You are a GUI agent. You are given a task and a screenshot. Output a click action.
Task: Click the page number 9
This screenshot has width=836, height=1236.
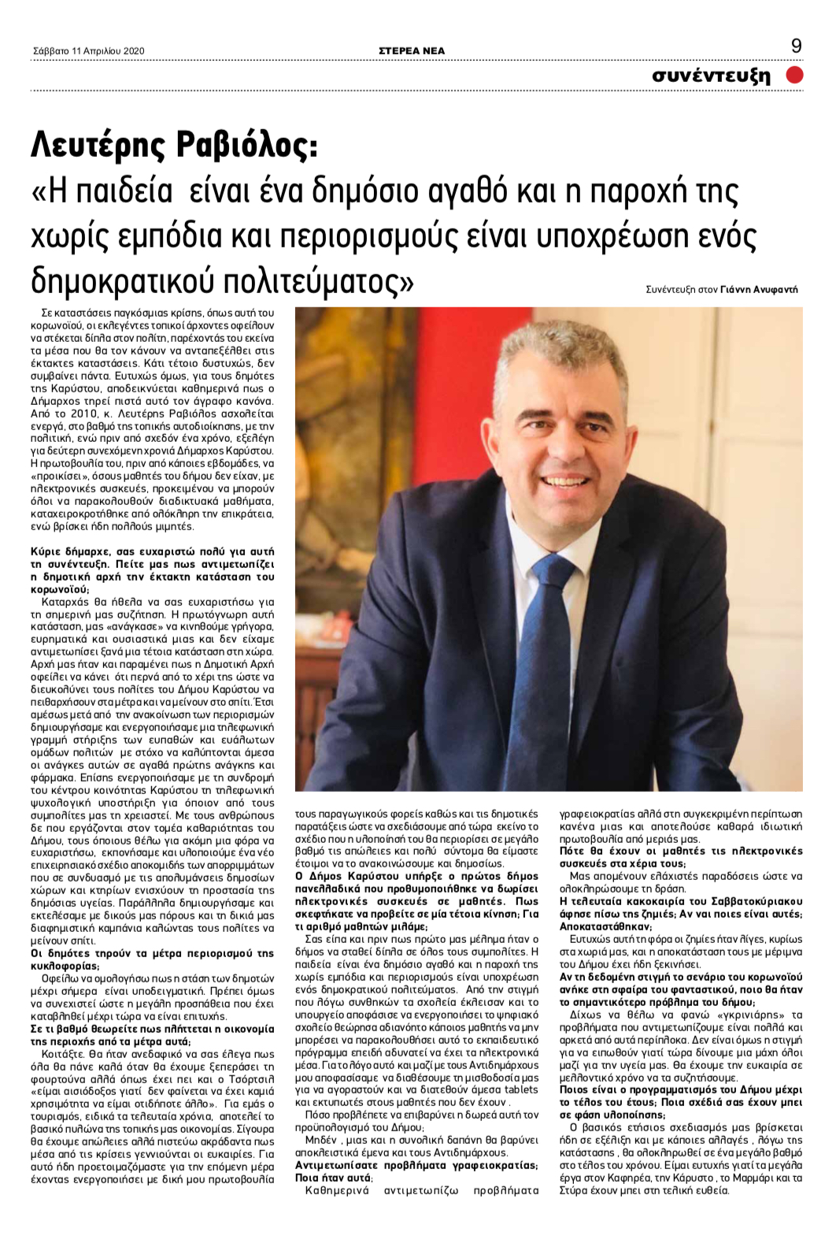796,46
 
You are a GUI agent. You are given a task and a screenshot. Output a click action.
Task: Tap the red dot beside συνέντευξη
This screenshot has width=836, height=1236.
794,75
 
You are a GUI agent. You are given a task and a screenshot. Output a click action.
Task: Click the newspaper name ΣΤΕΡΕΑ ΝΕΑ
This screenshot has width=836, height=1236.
412,50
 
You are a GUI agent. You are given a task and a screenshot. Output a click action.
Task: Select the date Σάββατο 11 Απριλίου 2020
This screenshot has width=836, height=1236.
89,51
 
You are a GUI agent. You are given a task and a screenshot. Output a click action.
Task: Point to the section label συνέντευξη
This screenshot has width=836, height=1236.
711,76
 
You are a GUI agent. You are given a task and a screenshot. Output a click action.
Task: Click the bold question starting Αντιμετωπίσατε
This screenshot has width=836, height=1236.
416,1171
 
